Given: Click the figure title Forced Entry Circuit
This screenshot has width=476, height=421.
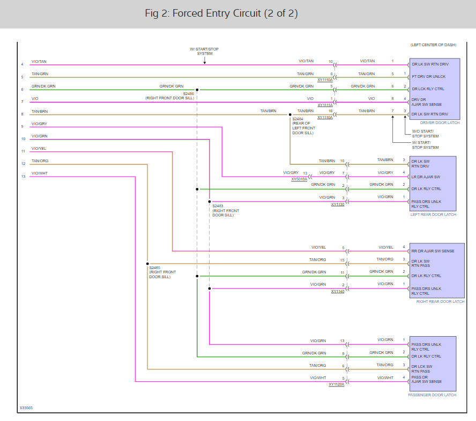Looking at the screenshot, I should (221, 13).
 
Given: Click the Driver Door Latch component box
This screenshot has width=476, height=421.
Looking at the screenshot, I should (434, 89).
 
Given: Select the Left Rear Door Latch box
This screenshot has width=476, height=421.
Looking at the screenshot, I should (433, 183).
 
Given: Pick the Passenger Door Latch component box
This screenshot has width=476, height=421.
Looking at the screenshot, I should (433, 364).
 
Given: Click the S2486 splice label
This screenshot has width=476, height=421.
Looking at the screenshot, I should (189, 93).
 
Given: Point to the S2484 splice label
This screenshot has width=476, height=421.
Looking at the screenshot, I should (298, 119).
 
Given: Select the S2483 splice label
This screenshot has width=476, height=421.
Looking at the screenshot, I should (218, 206).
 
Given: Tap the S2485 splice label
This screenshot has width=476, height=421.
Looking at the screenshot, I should (155, 267).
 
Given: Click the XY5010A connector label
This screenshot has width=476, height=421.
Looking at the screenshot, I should (299, 179).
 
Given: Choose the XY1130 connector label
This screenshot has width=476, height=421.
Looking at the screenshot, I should (338, 205).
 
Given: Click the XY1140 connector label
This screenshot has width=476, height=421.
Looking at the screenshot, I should (338, 292).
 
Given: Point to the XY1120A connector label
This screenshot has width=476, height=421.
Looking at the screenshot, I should (337, 384).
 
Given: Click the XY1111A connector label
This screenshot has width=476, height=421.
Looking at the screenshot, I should (325, 105).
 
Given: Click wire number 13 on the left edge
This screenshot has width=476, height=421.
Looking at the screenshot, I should (23, 176).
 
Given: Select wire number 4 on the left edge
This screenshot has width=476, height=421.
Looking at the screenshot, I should (22, 64).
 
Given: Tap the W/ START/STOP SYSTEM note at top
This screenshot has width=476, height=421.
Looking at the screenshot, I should (204, 51).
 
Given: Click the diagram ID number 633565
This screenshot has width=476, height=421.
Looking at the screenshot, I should (26, 408).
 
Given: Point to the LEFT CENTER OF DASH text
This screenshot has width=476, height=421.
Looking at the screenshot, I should (433, 45).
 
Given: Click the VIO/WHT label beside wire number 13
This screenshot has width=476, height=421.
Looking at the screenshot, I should (40, 173).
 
